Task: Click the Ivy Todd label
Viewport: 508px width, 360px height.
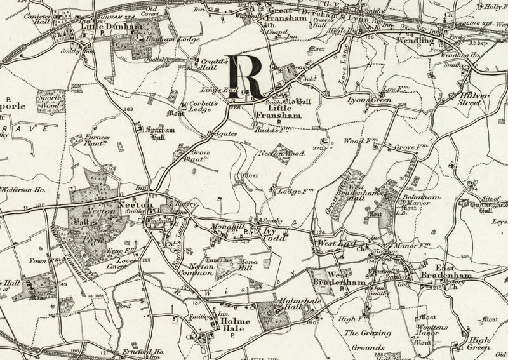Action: tap(274, 233)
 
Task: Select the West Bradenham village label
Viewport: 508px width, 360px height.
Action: tap(329, 277)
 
